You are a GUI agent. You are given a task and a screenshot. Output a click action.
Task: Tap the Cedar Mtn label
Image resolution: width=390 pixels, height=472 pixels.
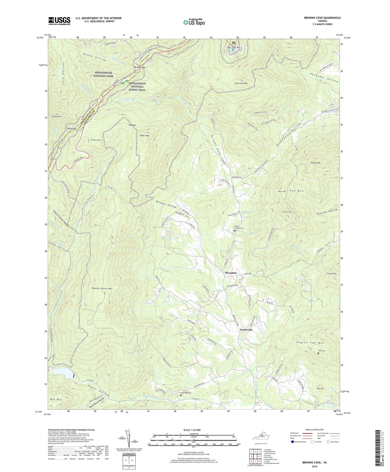144,136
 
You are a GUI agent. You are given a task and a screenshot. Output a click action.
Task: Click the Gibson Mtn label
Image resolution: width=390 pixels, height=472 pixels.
316,163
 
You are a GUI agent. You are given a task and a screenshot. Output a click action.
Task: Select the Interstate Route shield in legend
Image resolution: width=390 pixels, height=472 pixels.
293,442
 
